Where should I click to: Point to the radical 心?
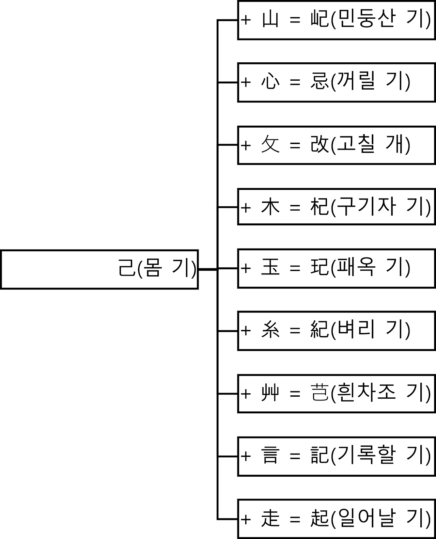[x=270, y=82]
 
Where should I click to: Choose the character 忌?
[x=319, y=82]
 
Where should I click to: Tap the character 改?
[x=319, y=145]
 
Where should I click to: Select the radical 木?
[x=270, y=207]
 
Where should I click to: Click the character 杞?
[x=319, y=207]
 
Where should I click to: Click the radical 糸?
[x=270, y=330]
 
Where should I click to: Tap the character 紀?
[x=319, y=330]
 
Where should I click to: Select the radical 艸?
[x=270, y=393]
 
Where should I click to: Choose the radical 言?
[x=270, y=456]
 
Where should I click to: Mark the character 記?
[x=319, y=456]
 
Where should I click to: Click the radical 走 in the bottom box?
[x=270, y=519]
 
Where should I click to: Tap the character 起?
[x=319, y=519]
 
